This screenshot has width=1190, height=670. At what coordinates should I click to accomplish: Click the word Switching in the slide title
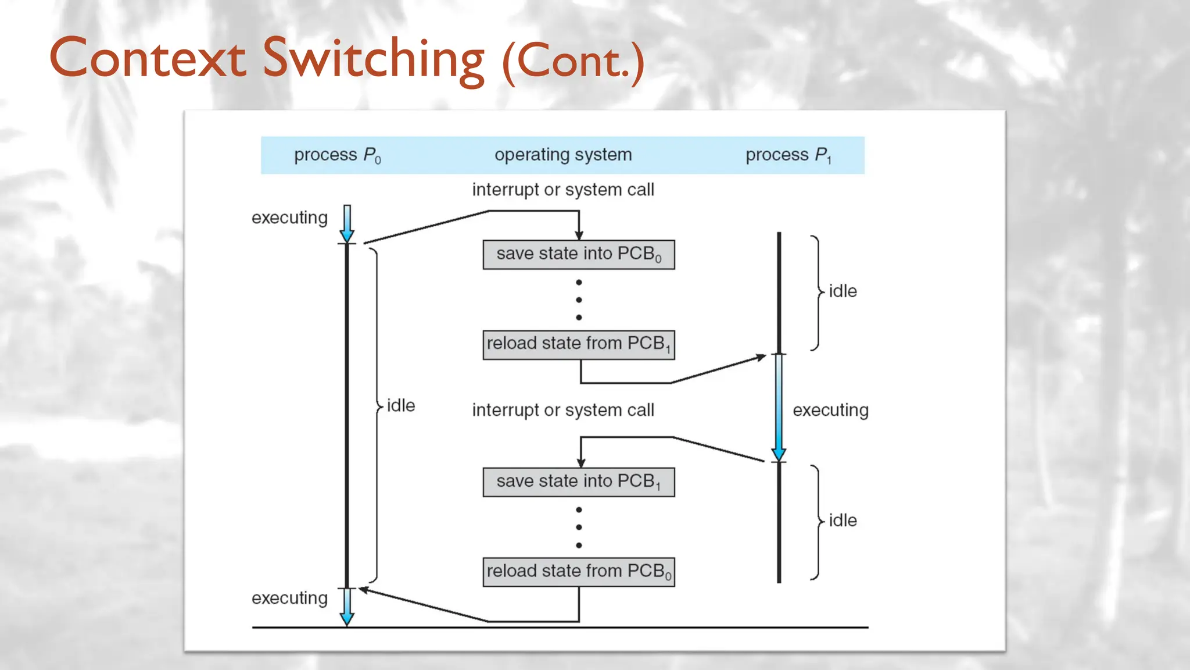click(x=373, y=58)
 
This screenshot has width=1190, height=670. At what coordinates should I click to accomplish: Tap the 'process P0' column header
click(x=337, y=155)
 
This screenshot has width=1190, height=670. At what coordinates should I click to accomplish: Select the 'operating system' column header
click(x=562, y=155)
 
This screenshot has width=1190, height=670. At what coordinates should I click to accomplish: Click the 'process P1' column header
click(x=788, y=155)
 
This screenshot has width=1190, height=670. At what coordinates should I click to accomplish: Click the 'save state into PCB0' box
click(x=578, y=254)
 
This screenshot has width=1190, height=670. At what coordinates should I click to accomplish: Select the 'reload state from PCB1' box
click(x=578, y=344)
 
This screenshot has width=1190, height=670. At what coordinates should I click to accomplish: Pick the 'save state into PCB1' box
click(x=578, y=482)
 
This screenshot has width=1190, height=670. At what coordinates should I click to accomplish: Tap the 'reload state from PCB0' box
click(x=578, y=572)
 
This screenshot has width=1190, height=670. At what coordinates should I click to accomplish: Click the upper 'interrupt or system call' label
click(x=562, y=190)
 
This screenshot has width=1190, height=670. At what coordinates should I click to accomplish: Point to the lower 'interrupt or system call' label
click(x=562, y=410)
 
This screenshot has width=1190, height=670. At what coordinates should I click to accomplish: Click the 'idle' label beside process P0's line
click(x=401, y=405)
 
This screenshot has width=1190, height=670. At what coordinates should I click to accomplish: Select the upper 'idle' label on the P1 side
click(x=843, y=291)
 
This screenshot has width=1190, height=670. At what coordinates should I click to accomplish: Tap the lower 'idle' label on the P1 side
click(x=843, y=520)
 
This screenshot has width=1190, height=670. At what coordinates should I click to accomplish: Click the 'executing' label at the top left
click(x=289, y=218)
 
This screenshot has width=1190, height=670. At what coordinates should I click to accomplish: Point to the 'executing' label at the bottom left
click(x=289, y=598)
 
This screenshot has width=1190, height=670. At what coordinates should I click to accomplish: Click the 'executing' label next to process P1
click(x=830, y=410)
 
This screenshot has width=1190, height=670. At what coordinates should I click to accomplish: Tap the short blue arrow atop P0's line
click(x=347, y=223)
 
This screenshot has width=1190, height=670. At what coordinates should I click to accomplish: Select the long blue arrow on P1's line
click(x=779, y=407)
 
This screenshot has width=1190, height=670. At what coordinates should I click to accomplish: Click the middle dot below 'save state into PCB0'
click(x=579, y=300)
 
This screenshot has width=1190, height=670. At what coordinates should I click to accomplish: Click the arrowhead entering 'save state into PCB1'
click(x=581, y=463)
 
